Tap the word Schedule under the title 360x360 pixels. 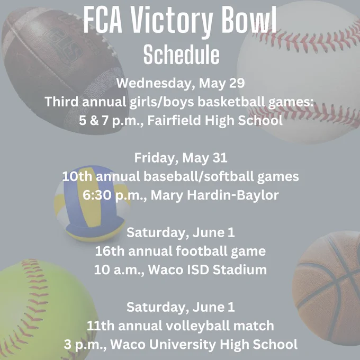point(182,55)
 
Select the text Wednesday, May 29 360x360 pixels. point(181,83)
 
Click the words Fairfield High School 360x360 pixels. point(215,121)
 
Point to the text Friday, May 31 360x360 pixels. point(181,158)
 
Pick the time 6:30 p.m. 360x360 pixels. point(114,195)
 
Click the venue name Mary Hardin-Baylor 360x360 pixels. point(214,195)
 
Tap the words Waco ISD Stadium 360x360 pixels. point(208,270)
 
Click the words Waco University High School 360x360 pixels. point(204,345)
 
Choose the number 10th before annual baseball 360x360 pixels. point(77,177)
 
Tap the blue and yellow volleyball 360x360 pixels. point(92,203)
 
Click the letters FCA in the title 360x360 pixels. point(103,21)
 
